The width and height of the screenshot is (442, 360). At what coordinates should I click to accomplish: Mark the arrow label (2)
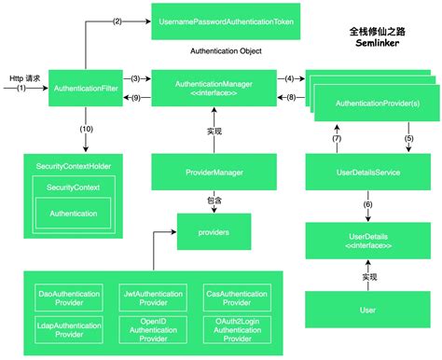[117, 21]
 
